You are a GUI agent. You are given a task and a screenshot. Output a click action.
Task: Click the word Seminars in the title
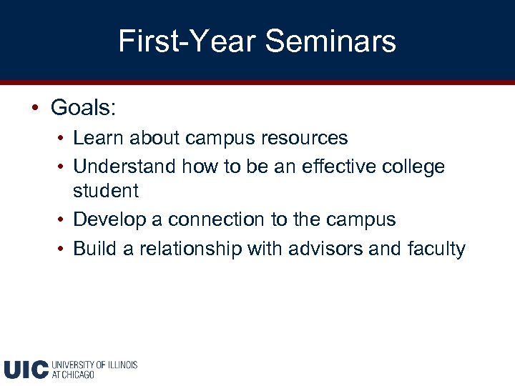330,41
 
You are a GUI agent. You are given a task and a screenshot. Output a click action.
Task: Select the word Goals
83,108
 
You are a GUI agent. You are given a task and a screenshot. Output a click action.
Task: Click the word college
414,167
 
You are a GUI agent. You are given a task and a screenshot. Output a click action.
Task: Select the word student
106,191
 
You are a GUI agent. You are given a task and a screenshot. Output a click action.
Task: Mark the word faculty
436,249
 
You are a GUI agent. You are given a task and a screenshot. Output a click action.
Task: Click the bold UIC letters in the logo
26,369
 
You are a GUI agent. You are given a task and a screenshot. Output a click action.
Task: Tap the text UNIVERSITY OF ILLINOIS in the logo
94,365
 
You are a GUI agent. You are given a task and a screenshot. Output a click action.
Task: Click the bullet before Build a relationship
64,249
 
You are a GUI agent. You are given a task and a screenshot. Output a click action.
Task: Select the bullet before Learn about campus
64,137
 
